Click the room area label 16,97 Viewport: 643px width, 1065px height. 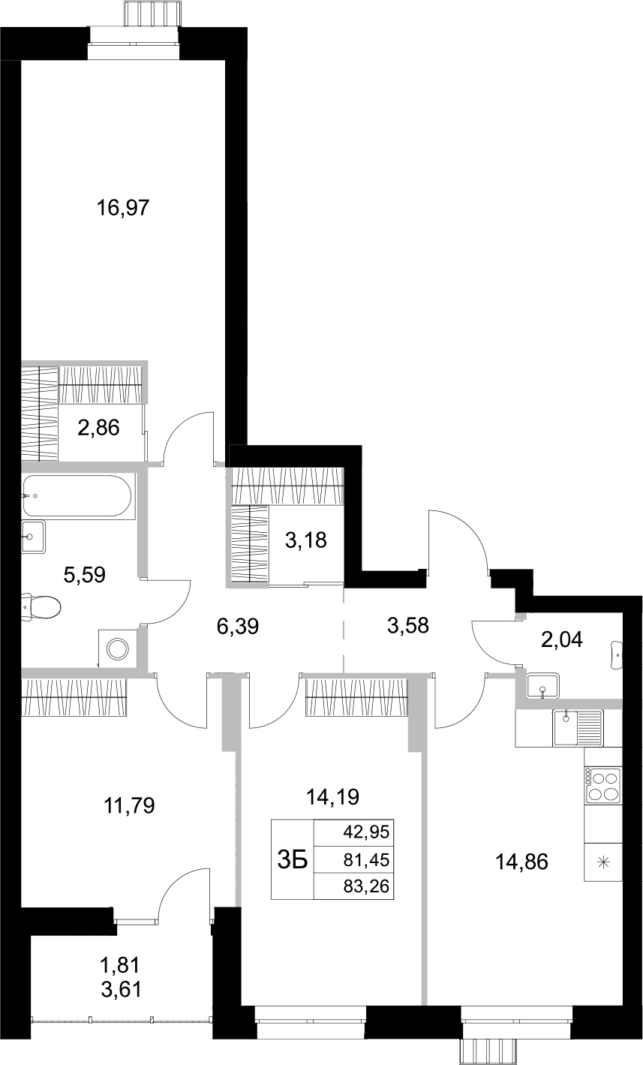point(125,208)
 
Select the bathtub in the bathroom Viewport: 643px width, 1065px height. point(77,496)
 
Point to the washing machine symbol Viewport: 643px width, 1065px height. point(118,648)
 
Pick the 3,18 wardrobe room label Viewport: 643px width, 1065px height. point(307,540)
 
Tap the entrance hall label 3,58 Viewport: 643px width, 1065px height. point(407,624)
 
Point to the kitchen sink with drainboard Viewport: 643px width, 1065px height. point(578,727)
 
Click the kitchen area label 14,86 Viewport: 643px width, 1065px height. point(521,862)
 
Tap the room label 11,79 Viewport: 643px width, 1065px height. point(128,806)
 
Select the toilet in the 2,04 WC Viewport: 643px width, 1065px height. point(617,655)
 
